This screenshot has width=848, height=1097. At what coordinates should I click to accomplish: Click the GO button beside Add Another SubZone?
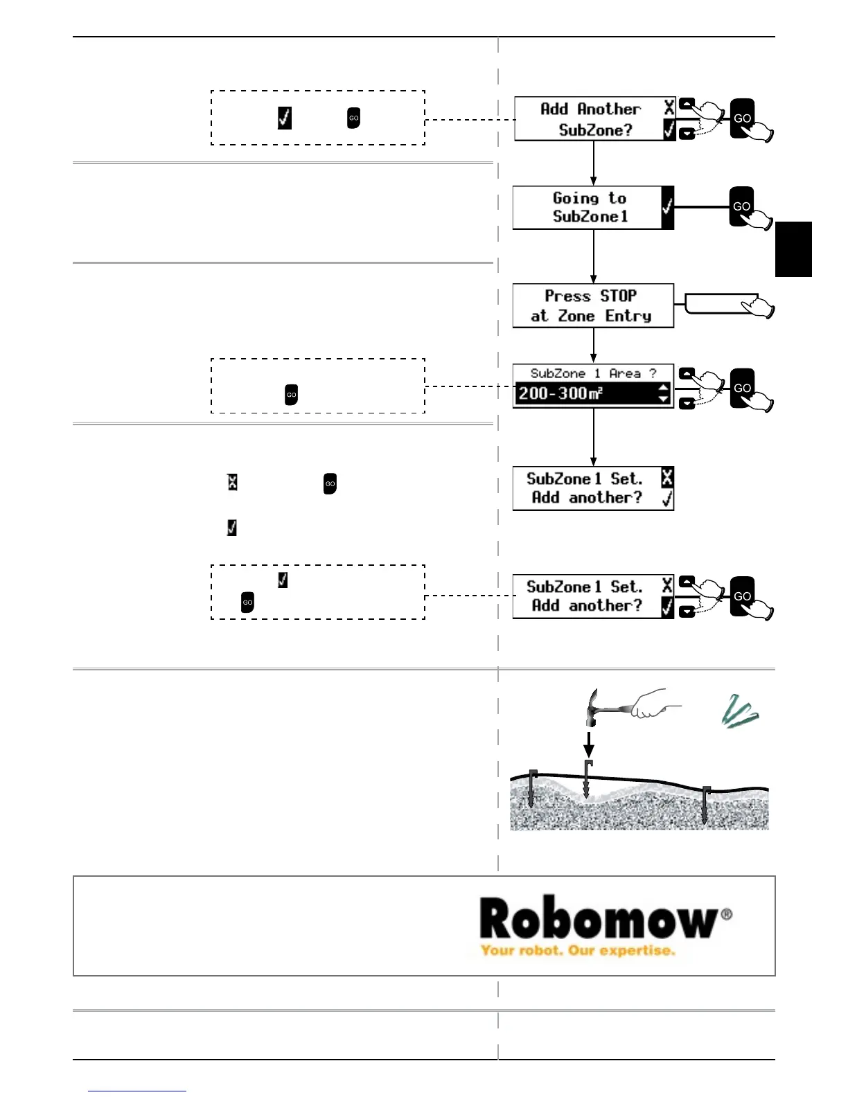coord(742,118)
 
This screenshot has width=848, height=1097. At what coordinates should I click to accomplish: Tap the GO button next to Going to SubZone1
coord(741,206)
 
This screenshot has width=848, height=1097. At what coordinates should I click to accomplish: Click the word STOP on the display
coord(618,296)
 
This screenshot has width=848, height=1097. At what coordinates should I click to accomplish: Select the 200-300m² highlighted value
coord(560,394)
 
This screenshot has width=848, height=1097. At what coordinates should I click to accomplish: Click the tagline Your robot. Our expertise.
coord(577,950)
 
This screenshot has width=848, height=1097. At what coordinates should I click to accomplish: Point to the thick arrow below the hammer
coord(588,744)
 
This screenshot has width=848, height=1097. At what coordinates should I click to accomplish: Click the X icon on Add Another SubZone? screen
coord(669,107)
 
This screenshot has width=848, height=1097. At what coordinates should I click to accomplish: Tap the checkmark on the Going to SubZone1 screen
coord(667,206)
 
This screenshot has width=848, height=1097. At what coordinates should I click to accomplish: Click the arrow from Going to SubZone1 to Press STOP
coord(593,256)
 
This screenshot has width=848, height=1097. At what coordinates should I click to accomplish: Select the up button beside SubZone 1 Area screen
coord(687,373)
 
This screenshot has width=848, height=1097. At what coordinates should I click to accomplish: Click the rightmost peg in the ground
coord(706,804)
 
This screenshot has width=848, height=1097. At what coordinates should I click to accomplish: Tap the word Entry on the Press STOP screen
coord(628,316)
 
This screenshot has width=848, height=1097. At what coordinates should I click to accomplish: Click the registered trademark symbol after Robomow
coord(726,914)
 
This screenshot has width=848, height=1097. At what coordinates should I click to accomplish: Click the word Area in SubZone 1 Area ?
coord(624,373)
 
